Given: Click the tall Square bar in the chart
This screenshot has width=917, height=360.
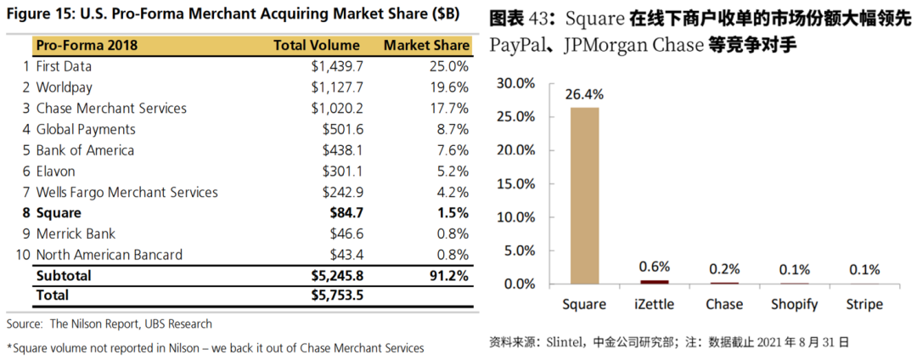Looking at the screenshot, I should coord(584,195).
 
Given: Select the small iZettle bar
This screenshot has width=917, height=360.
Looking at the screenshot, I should coord(654,281).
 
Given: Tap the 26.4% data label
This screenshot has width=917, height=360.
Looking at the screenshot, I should coord(584,93).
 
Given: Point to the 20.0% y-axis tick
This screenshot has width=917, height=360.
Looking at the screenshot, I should coord(515,149).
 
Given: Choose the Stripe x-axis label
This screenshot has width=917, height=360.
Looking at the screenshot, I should coord(864,304).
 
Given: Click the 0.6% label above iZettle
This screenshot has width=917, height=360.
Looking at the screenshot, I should coord(654,267).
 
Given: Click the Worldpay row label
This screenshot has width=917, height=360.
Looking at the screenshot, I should coord(64,87).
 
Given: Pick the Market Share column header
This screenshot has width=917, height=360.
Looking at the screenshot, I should coord(426,45).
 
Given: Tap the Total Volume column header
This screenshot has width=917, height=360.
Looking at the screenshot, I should coord(316,45).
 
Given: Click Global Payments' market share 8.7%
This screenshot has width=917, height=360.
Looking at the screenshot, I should coord(450,129).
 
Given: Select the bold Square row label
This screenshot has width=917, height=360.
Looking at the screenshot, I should coord(59,212).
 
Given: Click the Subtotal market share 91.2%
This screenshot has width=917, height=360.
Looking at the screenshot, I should coord(447,276).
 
